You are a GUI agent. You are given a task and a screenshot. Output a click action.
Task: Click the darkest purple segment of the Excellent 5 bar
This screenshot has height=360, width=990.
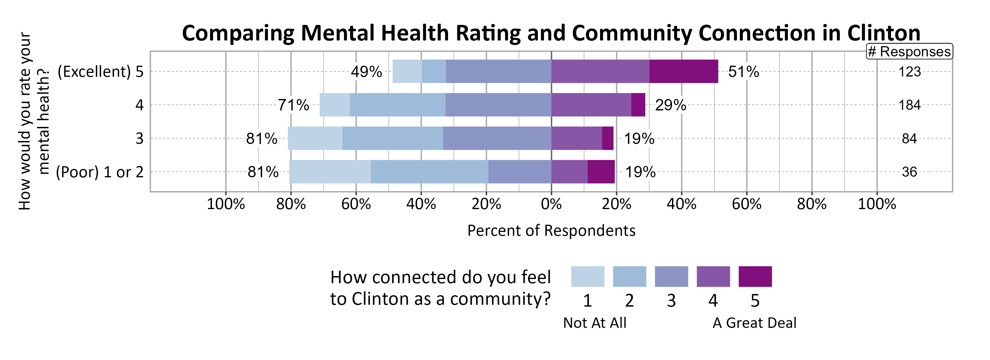coord(683,71)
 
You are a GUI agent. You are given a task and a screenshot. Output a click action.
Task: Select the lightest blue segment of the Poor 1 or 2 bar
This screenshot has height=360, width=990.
coord(330,172)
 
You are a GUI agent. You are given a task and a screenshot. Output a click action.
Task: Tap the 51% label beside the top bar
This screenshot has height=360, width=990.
coord(743,72)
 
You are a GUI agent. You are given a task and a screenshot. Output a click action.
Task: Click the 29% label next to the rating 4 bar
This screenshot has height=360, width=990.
coord(670,105)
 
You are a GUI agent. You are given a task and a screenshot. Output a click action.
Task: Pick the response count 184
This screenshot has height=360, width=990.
coord(909,105)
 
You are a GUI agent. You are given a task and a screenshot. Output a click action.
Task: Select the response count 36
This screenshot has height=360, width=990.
coord(909,172)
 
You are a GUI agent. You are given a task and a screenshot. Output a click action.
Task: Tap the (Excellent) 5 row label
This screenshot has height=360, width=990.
coord(100,72)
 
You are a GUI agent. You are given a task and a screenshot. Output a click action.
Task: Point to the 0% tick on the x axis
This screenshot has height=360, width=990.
coord(551,204)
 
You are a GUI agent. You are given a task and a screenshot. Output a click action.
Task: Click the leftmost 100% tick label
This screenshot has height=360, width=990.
coord(226,204)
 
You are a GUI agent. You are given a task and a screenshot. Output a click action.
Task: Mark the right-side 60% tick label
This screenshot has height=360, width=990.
coord(746,204)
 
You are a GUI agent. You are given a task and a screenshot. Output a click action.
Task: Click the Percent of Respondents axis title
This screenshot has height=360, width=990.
coord(551,230)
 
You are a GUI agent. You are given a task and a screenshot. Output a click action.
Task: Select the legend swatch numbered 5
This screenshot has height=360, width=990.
coord(755,276)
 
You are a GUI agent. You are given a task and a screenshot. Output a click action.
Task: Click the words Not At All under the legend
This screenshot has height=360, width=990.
coord(595,323)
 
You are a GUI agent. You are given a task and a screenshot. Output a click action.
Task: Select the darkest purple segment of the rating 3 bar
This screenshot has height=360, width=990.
coord(607,138)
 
